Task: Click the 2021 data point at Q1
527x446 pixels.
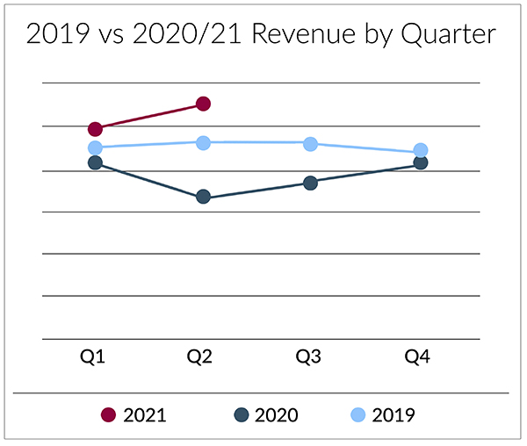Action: (x=95, y=129)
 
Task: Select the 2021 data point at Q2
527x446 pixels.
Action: (x=203, y=104)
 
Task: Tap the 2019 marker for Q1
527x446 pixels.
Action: (x=95, y=147)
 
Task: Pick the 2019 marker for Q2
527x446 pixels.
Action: (x=203, y=142)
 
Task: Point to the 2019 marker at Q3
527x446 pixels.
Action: (x=310, y=143)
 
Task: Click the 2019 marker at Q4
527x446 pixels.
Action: (x=421, y=150)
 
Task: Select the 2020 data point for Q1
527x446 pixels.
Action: (x=95, y=162)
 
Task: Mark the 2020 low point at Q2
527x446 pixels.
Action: (x=203, y=197)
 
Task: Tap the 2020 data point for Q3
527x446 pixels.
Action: (x=310, y=183)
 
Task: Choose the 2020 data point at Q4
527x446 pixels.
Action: (x=421, y=163)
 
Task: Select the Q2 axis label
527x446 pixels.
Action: (x=199, y=356)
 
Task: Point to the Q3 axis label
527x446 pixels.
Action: (x=307, y=356)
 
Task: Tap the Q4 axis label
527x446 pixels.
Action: (x=417, y=356)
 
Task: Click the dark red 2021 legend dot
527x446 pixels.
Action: (x=109, y=415)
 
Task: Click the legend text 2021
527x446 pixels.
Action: (x=145, y=415)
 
